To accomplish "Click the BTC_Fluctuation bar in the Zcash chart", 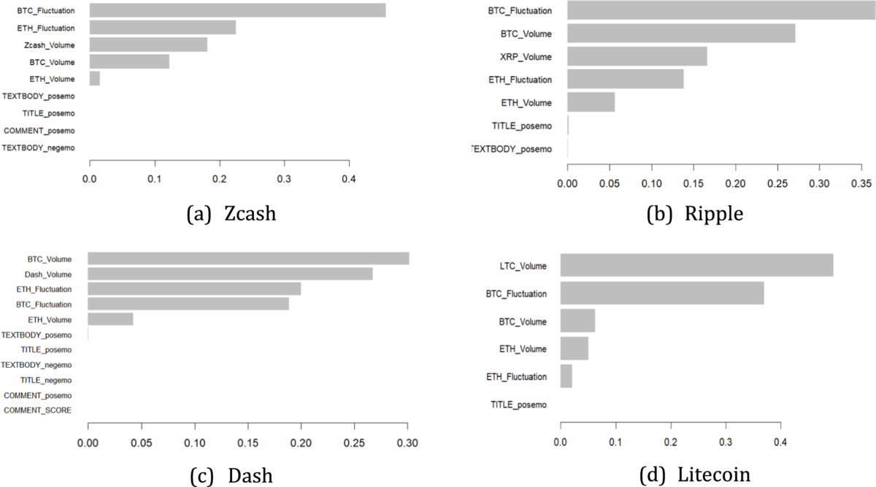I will pos(237,10).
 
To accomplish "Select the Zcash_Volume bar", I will pos(148,45).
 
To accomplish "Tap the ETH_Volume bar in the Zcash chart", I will pos(95,79).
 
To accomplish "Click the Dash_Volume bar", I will pos(230,274).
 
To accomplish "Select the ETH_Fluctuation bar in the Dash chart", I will pos(194,289).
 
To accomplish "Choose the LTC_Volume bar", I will pos(696,265).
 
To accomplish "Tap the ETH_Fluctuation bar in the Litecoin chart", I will pos(566,377).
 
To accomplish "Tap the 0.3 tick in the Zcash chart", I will pos(284,178).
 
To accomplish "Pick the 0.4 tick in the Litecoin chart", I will pos(780,441).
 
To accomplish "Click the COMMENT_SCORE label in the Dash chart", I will pos(38,410).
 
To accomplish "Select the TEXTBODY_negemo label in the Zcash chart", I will pos(39,147).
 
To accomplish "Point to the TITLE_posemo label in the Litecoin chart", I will pos(518,404).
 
